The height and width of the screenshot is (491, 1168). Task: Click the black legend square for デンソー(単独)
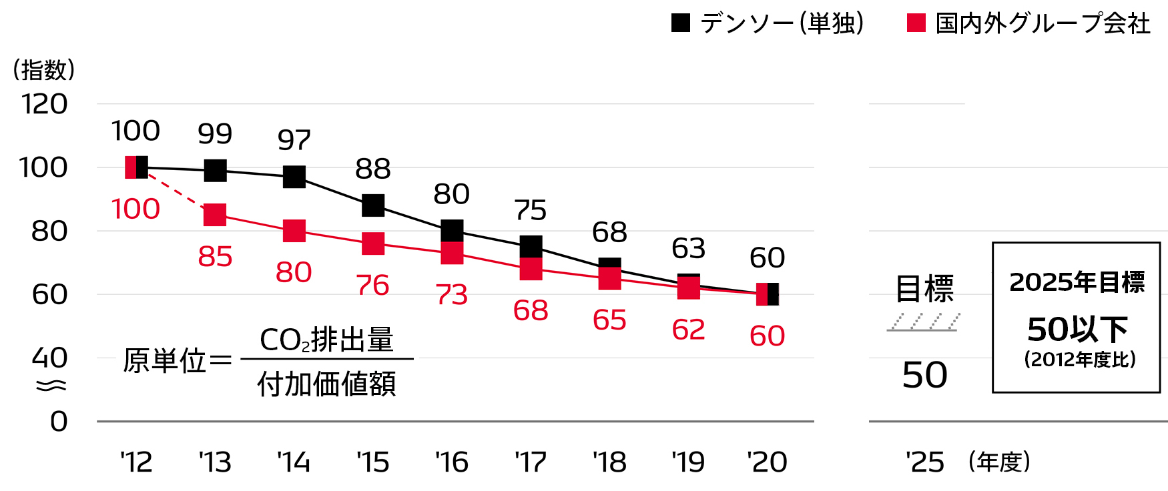[x=680, y=23]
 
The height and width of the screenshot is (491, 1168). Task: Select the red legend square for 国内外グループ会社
[x=916, y=23]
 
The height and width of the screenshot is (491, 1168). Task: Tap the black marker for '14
[x=294, y=177]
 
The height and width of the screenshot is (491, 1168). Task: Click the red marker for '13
[x=215, y=215]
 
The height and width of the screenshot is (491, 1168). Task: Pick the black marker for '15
[x=373, y=205]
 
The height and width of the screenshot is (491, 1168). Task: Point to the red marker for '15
[x=373, y=243]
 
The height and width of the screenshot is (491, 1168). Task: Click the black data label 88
[x=373, y=169]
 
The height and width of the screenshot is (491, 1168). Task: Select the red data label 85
[x=215, y=257]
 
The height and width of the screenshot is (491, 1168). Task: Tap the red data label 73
[x=452, y=295]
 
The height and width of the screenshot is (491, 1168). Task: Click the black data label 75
[x=531, y=211]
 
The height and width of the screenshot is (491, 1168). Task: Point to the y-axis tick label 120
[x=44, y=105]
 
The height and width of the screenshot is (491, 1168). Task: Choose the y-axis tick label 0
[x=59, y=422]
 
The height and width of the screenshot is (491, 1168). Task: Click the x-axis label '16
[x=452, y=462]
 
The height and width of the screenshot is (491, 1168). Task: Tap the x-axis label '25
[x=925, y=462]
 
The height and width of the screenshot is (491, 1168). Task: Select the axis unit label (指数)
[x=44, y=70]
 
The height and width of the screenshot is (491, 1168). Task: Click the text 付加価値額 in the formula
[x=326, y=384]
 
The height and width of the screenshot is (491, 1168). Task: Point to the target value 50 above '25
[x=924, y=375]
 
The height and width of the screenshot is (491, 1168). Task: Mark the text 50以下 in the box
[x=1077, y=329]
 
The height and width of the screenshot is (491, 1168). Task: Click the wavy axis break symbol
[x=51, y=386]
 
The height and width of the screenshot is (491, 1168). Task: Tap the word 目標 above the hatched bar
[x=924, y=289]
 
